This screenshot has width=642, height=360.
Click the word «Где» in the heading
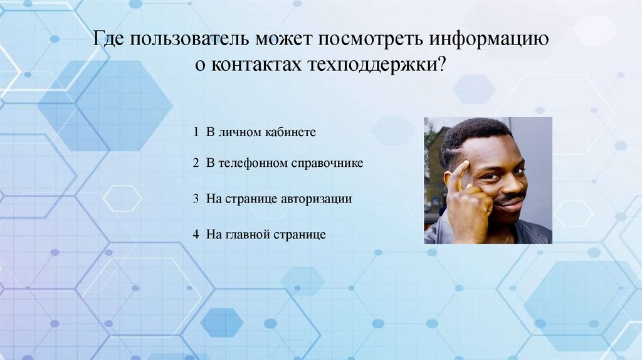(110, 40)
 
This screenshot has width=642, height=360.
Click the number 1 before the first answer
(196, 132)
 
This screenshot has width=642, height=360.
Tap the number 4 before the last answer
(196, 235)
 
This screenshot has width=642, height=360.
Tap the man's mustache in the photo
(508, 199)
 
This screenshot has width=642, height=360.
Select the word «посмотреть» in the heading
(372, 40)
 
